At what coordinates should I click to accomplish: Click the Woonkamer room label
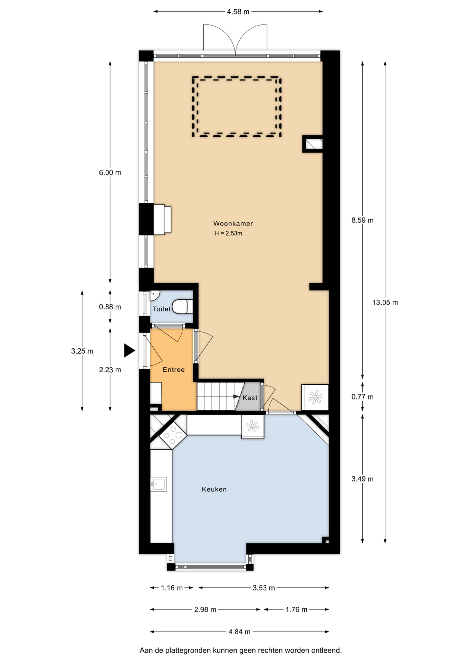click(233, 223)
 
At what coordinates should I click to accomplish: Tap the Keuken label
click(214, 489)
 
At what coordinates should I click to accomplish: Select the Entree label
click(174, 369)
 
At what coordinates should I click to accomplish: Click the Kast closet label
click(250, 398)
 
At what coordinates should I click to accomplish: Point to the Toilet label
click(162, 309)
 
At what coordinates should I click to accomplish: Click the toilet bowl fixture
click(182, 306)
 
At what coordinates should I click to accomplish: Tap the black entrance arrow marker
click(130, 350)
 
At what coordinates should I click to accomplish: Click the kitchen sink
click(159, 484)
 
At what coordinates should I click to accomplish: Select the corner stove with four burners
click(173, 435)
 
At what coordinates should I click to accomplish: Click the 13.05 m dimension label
click(385, 302)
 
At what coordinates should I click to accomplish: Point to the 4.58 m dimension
click(238, 12)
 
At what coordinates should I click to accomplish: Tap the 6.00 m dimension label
click(110, 172)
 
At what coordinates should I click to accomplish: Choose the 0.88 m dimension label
click(110, 307)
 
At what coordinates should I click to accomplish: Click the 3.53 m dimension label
click(264, 588)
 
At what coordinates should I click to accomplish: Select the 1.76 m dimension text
click(296, 609)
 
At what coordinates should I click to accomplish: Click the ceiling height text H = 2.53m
click(228, 233)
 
